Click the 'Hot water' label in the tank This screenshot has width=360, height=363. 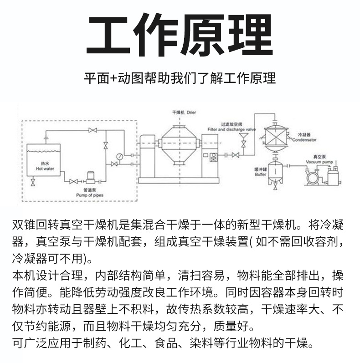click(45, 168)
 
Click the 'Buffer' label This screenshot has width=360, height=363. click(260, 174)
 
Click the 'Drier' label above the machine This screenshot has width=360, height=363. click(183, 112)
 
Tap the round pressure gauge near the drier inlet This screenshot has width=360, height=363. click(119, 156)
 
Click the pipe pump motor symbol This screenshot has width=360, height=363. click(89, 175)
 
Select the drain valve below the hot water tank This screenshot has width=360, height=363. click(32, 183)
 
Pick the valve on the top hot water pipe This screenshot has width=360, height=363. click(93, 131)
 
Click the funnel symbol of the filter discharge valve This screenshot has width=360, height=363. click(244, 135)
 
